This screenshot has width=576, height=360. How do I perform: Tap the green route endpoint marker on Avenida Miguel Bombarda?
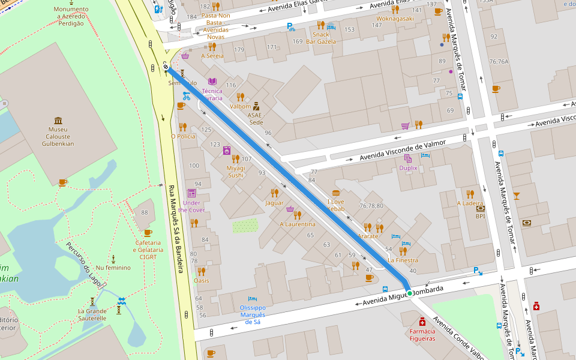coord(409,293)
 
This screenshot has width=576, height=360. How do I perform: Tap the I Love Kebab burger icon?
coord(335,193)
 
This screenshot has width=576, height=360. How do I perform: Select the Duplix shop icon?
coord(408,158)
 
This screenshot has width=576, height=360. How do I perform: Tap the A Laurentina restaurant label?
coord(298,224)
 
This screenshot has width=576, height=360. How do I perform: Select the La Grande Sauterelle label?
coord(92,314)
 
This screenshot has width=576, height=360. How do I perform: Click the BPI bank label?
coord(480,216)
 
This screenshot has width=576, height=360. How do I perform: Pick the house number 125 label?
coord(206,130)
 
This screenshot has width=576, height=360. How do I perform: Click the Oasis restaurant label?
coord(202,280)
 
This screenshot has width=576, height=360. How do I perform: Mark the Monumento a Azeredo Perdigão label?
coord(71,14)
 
